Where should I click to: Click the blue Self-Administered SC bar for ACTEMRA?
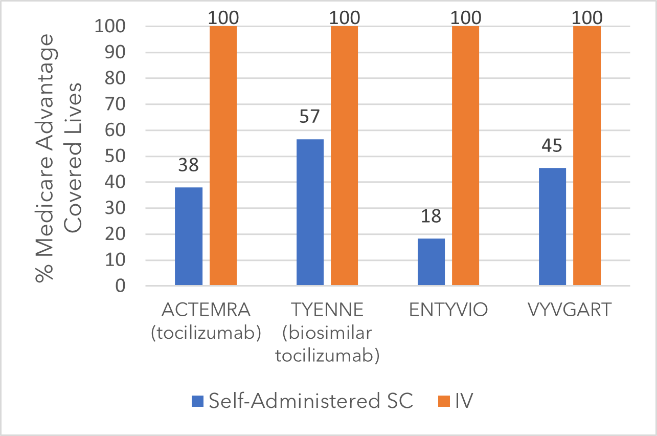click(189, 236)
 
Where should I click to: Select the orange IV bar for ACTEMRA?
click(223, 156)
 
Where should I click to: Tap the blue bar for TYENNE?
click(310, 212)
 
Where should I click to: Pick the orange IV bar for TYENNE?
click(344, 156)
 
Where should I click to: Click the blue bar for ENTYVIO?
click(431, 262)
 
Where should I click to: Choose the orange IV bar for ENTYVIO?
click(465, 156)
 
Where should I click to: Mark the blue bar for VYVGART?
click(552, 227)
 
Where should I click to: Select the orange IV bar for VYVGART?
click(586, 156)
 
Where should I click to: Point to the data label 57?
click(310, 117)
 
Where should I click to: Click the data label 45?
click(552, 146)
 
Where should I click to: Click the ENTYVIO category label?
click(448, 311)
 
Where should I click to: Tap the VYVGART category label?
click(570, 311)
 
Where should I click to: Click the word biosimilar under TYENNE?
click(327, 333)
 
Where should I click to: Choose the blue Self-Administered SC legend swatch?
click(197, 401)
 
